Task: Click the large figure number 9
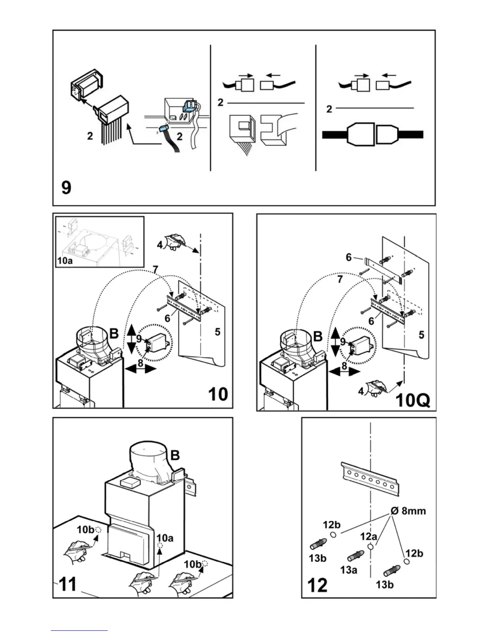coord(66,187)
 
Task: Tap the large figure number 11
coord(68,584)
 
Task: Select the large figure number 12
coord(317,585)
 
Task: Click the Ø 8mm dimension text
coord(408,511)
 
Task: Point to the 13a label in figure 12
coord(348,570)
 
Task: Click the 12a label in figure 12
coord(369,536)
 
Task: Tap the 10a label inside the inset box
coord(64,261)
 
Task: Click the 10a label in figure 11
coord(165,538)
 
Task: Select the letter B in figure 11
coord(175,455)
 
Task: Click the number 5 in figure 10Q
coord(421,334)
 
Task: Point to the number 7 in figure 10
coord(156,271)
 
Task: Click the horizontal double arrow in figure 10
coord(140,369)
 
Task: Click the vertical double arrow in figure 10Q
coord(335,342)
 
